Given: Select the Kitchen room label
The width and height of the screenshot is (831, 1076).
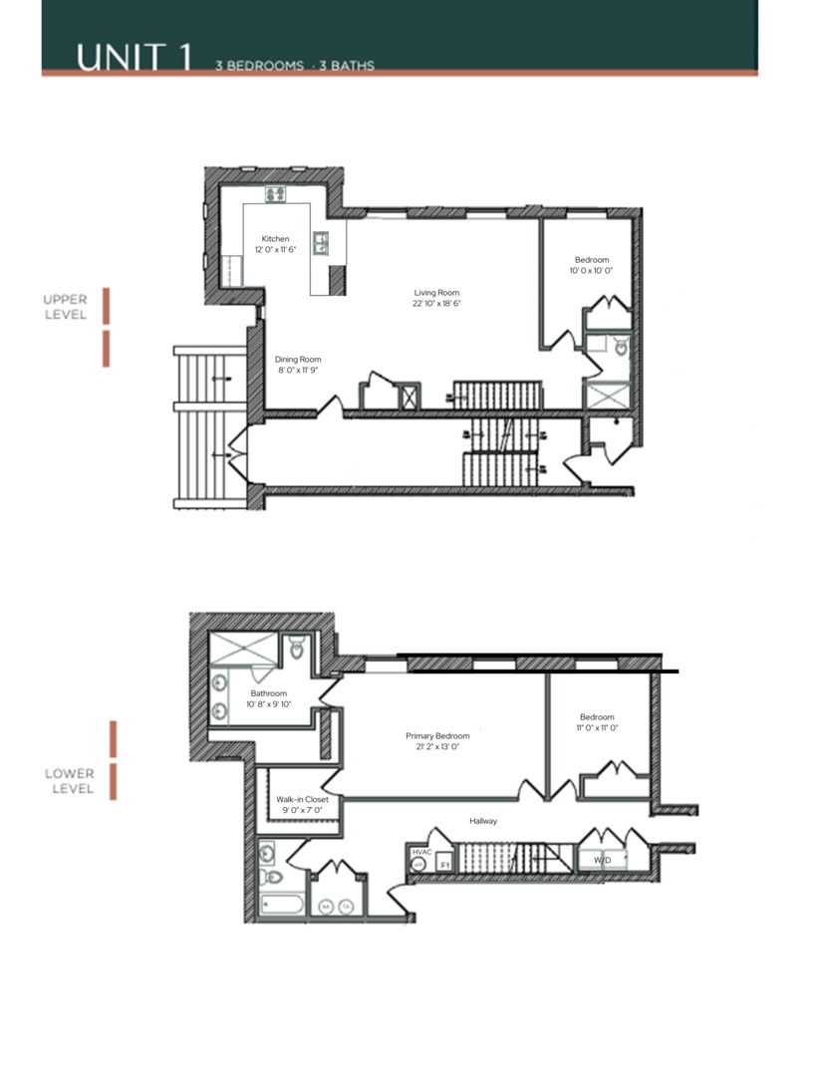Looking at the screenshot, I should (x=275, y=239).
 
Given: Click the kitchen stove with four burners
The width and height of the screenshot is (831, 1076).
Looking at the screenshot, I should (x=275, y=195).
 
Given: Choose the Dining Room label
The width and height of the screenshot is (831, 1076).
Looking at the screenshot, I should (x=298, y=360).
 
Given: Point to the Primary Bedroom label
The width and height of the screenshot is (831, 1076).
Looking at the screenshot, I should (x=437, y=736).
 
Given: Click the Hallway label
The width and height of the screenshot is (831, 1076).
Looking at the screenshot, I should (x=483, y=821).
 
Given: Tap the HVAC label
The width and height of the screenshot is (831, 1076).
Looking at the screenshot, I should (x=419, y=853).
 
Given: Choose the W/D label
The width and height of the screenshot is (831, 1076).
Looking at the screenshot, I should (x=602, y=859).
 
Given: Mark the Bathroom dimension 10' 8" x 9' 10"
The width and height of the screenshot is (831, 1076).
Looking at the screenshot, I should (x=268, y=705).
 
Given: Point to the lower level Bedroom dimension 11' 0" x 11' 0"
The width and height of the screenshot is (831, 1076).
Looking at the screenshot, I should (x=597, y=728).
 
